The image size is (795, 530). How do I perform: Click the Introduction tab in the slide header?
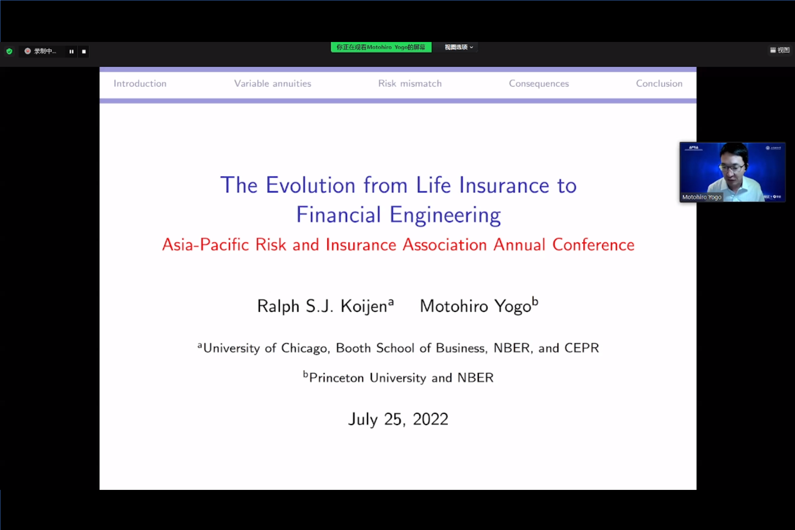tap(140, 84)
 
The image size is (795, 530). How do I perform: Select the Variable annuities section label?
tap(272, 84)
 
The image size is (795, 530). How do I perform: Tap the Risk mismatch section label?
tap(410, 84)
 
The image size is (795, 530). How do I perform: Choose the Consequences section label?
tap(539, 84)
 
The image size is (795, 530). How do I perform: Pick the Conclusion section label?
tap(659, 84)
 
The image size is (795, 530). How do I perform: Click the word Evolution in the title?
tap(310, 185)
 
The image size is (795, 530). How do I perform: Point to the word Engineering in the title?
tap(445, 215)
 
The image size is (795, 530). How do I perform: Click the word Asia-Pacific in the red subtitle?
tap(206, 245)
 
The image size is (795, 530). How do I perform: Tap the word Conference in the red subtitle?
tap(593, 245)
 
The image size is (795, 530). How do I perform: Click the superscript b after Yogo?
tap(535, 301)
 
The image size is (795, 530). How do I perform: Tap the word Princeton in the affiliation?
tap(336, 378)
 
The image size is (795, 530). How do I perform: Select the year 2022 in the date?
tap(430, 419)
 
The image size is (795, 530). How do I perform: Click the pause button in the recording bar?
tap(71, 52)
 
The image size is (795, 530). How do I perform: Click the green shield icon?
tap(10, 51)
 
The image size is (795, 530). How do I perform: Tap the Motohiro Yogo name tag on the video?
tap(702, 197)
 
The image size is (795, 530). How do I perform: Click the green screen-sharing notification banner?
tap(381, 47)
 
